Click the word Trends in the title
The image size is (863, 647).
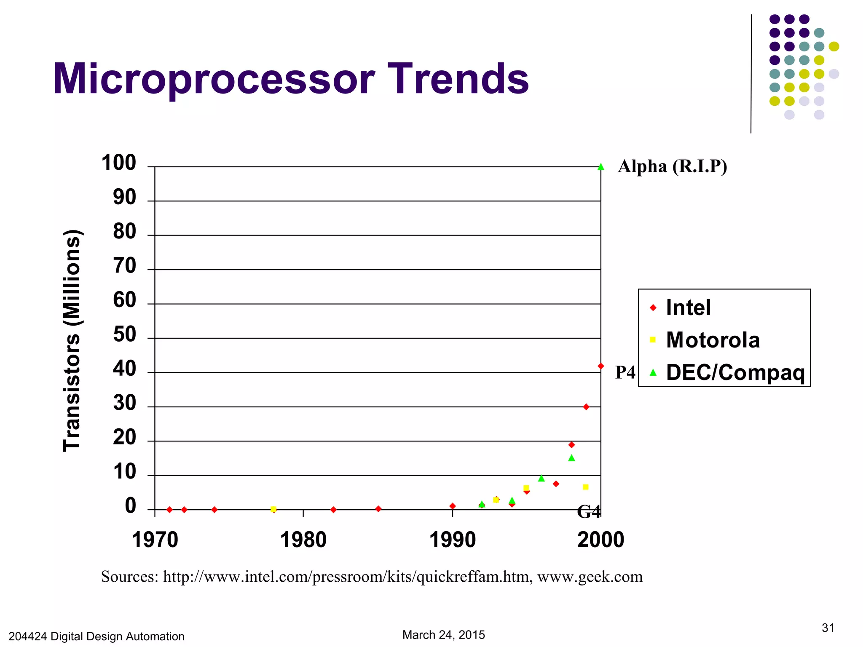[458, 79]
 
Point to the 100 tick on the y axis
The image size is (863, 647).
[119, 163]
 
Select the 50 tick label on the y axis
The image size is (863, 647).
[124, 335]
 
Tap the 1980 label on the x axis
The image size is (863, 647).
[303, 540]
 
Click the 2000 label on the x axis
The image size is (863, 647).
[600, 540]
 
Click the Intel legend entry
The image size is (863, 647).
[688, 307]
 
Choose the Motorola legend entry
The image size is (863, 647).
[712, 340]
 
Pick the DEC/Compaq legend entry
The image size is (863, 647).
[735, 372]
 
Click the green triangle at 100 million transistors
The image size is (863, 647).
[601, 167]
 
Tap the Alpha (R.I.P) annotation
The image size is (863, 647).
[672, 167]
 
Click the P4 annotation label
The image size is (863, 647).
[625, 372]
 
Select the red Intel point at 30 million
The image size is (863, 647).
[586, 407]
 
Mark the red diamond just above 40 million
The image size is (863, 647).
[601, 366]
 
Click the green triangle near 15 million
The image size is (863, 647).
[571, 458]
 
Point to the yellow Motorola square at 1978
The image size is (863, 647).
[273, 509]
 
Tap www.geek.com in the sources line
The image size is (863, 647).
[590, 577]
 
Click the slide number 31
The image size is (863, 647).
[828, 628]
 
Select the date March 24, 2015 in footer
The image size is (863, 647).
[443, 635]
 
